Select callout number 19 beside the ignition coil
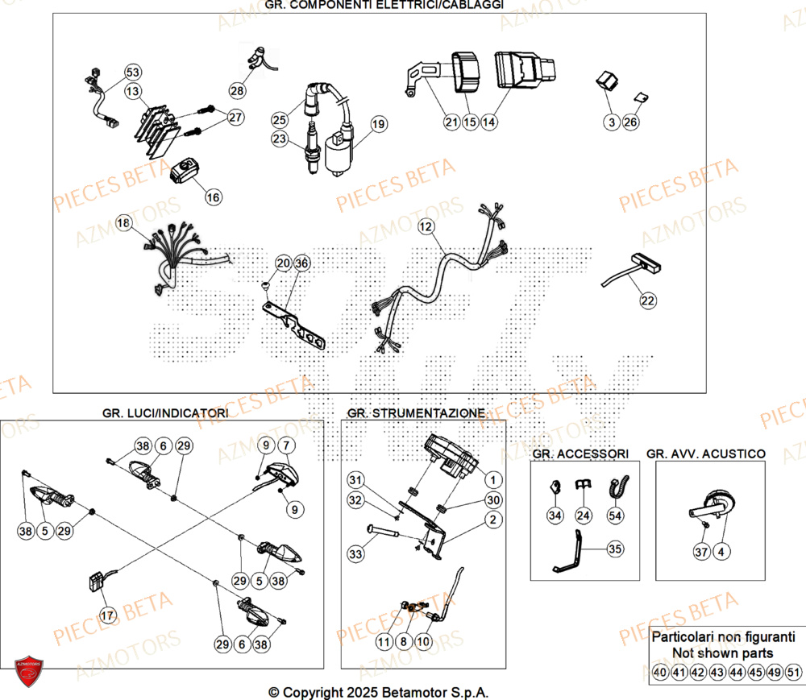click(378, 124)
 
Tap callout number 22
click(648, 300)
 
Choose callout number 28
click(236, 90)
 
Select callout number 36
click(301, 263)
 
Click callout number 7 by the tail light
click(288, 445)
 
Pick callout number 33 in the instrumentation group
click(356, 554)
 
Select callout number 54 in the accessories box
click(616, 515)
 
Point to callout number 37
click(702, 551)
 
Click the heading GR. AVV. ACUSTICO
click(706, 454)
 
